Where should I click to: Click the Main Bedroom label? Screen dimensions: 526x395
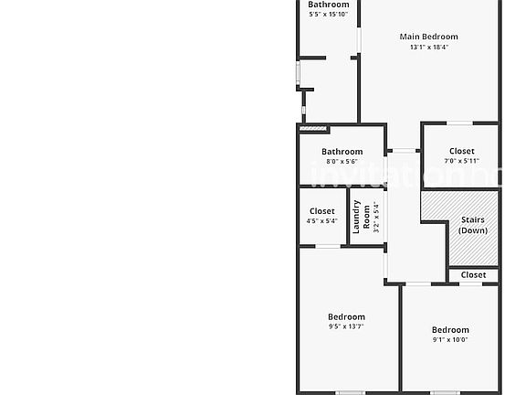(428, 37)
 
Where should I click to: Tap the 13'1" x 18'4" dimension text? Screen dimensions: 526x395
(429, 47)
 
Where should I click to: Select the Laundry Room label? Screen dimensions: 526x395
(361, 217)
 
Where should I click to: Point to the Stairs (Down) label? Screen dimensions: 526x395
(473, 225)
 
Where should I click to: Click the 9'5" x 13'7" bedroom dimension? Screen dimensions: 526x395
(346, 326)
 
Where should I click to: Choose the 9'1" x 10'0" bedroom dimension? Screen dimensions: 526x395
(450, 339)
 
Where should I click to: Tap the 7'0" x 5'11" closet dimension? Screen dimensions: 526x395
(461, 161)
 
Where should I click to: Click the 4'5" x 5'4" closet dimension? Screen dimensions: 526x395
(321, 221)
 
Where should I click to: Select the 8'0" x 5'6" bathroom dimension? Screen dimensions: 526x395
(342, 162)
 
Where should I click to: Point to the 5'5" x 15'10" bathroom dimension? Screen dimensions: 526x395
(328, 15)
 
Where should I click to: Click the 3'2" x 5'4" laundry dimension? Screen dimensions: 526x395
(376, 217)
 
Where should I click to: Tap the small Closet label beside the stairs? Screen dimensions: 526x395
(473, 274)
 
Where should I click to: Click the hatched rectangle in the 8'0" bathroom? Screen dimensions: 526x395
(312, 128)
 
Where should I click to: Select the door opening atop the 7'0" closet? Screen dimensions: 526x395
(459, 123)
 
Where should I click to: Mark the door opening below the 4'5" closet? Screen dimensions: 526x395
(328, 247)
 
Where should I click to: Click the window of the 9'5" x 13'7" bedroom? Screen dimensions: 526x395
(350, 392)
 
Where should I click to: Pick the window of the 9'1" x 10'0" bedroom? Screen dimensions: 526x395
(445, 392)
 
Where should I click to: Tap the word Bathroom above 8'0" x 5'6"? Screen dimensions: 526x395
(342, 152)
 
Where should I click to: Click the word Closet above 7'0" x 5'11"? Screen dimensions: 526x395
(461, 151)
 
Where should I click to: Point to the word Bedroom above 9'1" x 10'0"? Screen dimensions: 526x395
(450, 329)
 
